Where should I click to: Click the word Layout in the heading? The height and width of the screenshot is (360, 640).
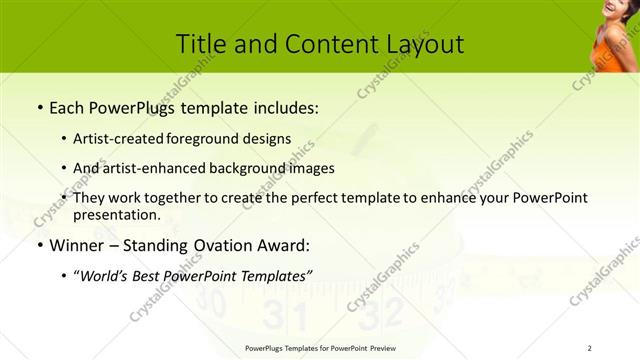423,44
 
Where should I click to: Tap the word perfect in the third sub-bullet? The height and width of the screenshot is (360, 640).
295,198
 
